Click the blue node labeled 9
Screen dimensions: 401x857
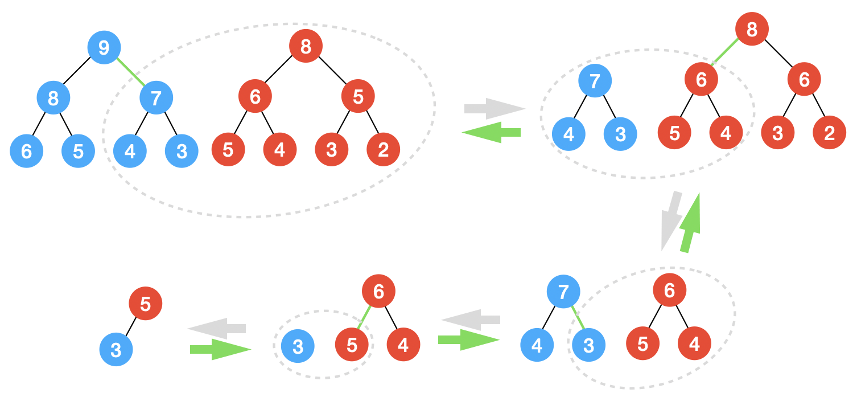click(x=104, y=47)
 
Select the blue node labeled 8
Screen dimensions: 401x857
click(x=53, y=98)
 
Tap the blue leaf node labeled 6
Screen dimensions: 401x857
click(x=27, y=151)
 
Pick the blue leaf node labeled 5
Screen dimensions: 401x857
click(x=79, y=151)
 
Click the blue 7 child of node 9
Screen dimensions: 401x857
click(x=156, y=98)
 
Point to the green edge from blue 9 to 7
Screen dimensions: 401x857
click(x=130, y=72)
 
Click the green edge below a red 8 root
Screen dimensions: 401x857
click(x=725, y=52)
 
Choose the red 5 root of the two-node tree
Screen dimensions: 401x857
click(x=146, y=304)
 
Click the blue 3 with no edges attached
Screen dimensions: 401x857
click(x=298, y=346)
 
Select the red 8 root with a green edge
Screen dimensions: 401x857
click(x=752, y=29)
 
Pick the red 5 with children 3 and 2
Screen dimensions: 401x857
click(x=358, y=97)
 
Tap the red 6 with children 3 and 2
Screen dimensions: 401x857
click(x=804, y=80)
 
